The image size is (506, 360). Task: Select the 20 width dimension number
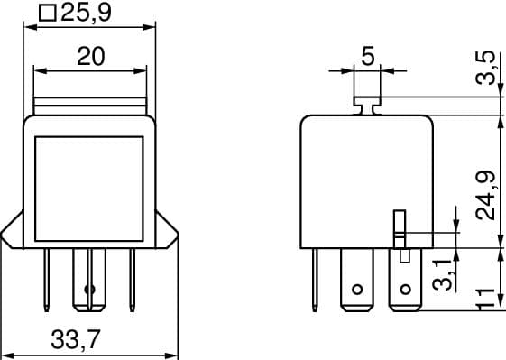pyautogui.click(x=90, y=56)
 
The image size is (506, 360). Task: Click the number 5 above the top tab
pyautogui.click(x=367, y=56)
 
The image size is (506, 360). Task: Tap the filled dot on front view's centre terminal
pyautogui.click(x=88, y=290)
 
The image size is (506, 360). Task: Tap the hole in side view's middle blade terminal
pyautogui.click(x=357, y=291)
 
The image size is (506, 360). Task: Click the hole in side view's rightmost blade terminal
pyautogui.click(x=405, y=291)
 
